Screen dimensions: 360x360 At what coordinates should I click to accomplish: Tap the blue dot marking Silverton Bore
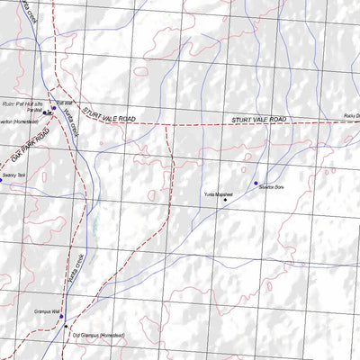(x=256, y=183)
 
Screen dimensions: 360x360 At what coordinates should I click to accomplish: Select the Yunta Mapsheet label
(x=218, y=193)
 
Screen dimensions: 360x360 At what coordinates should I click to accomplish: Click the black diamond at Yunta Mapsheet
(x=225, y=200)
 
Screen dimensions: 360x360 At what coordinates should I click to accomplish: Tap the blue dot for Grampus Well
(x=61, y=316)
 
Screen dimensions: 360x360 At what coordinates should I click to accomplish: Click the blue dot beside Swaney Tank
(x=1, y=181)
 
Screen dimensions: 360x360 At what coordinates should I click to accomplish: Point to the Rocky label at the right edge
(x=351, y=116)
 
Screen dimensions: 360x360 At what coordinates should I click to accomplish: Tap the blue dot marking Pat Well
(x=53, y=108)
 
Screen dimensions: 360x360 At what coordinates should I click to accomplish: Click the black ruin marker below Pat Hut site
(x=44, y=113)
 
